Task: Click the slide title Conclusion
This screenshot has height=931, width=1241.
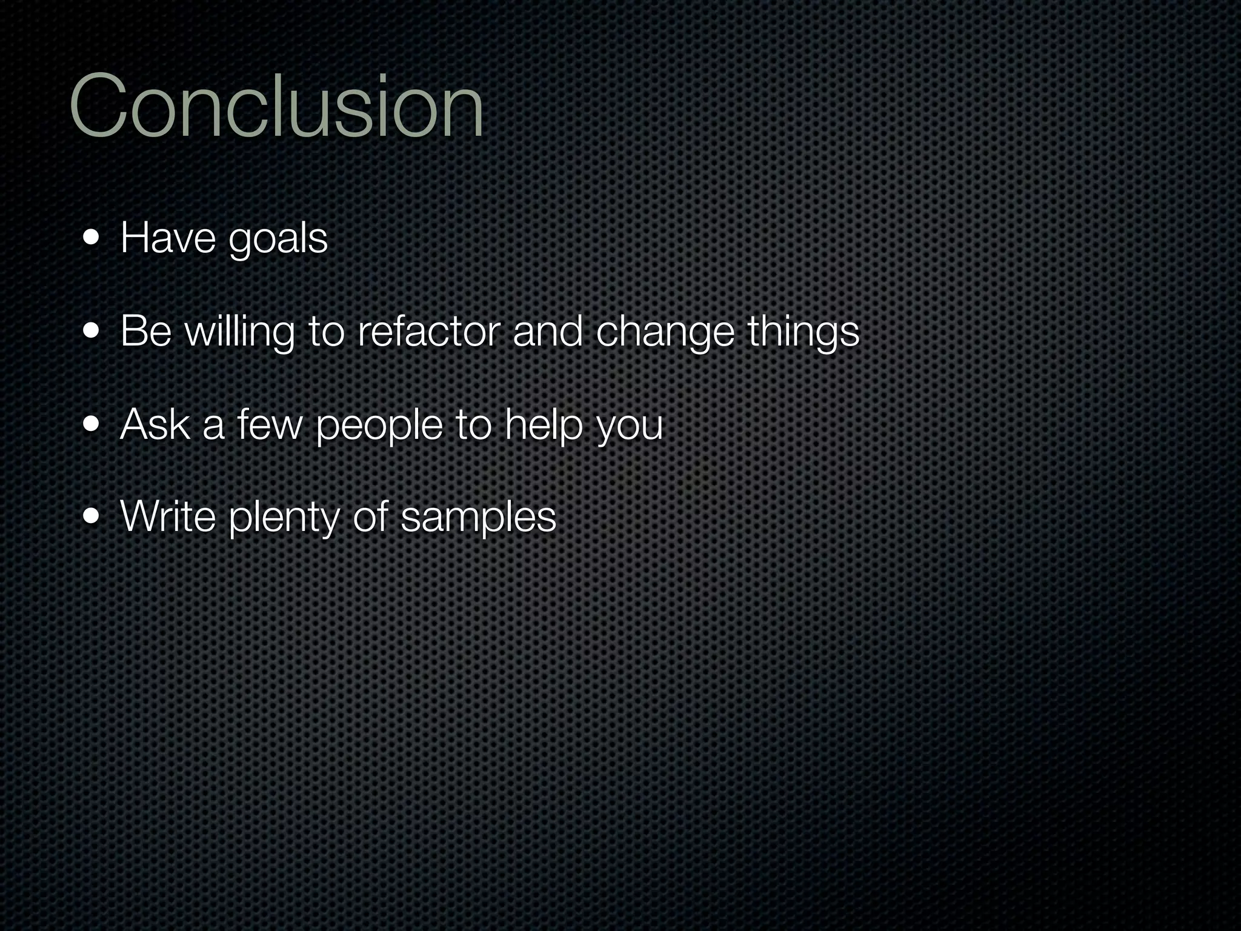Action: pos(276,106)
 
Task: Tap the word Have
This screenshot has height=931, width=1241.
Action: pos(168,238)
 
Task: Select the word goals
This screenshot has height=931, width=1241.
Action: pos(278,240)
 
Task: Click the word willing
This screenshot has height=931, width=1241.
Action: pos(239,332)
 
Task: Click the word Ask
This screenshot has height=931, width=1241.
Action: pos(155,424)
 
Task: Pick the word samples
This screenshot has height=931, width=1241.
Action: pos(478,519)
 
